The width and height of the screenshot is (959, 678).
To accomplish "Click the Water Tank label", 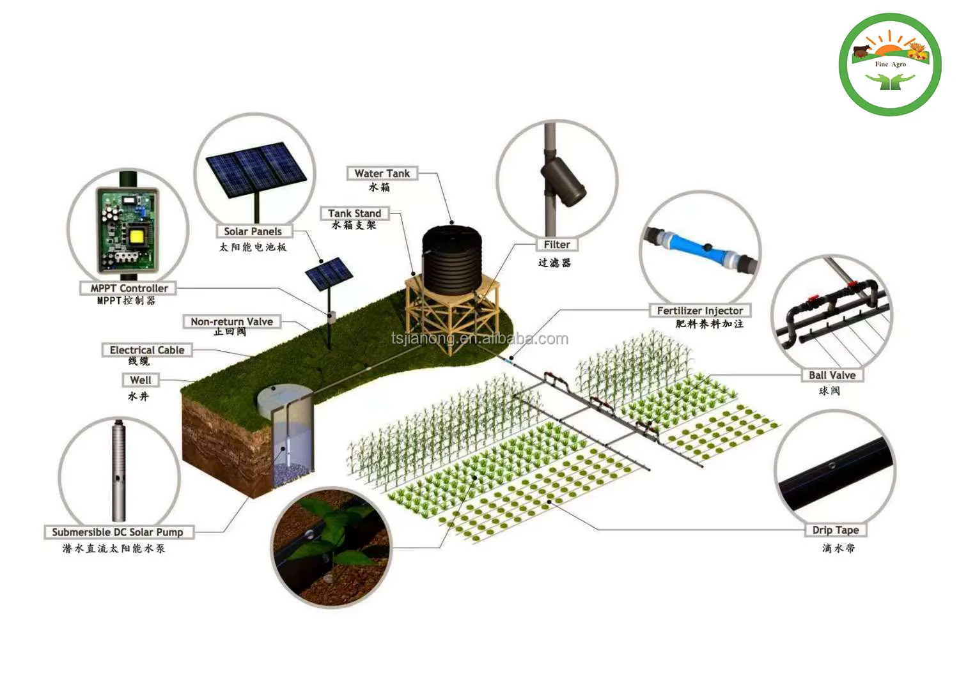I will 382,174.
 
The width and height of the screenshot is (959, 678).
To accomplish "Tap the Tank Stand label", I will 354,213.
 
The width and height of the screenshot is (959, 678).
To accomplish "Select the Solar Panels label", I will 253,231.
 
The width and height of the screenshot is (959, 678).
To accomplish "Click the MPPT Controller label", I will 129,288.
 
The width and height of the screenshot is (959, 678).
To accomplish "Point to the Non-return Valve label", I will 231,321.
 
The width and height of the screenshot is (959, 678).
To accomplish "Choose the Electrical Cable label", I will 146,350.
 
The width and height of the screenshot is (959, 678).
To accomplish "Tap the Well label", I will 141,380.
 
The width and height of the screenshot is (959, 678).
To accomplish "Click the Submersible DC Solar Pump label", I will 118,532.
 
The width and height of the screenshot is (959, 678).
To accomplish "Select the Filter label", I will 557,245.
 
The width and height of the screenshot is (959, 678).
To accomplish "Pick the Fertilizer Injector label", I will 700,311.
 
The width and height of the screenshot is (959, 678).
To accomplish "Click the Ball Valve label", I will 832,375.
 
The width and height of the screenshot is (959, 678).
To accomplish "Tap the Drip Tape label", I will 836,530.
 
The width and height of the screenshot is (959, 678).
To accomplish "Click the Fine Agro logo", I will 890,65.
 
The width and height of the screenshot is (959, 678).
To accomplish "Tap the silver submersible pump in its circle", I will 119,470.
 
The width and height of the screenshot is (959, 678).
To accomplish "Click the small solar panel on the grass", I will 329,274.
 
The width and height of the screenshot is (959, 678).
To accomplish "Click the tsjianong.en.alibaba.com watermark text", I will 479,339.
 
